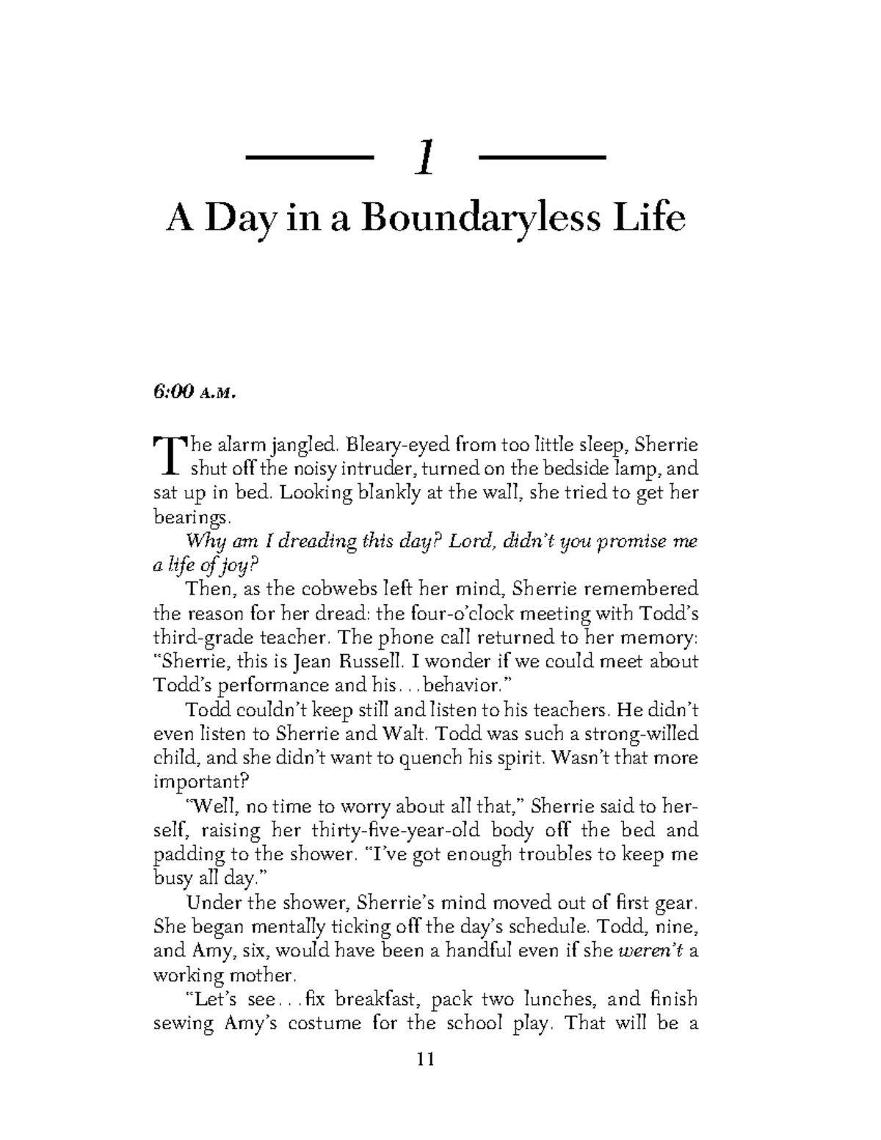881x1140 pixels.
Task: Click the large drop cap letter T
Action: [166, 455]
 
